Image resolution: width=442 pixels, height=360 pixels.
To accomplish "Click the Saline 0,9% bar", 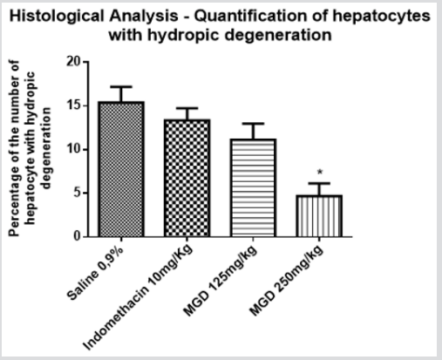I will [121, 169].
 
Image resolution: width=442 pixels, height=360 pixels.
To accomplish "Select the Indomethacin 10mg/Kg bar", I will [187, 178].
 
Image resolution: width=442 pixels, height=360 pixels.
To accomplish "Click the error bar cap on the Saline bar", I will [121, 87].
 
